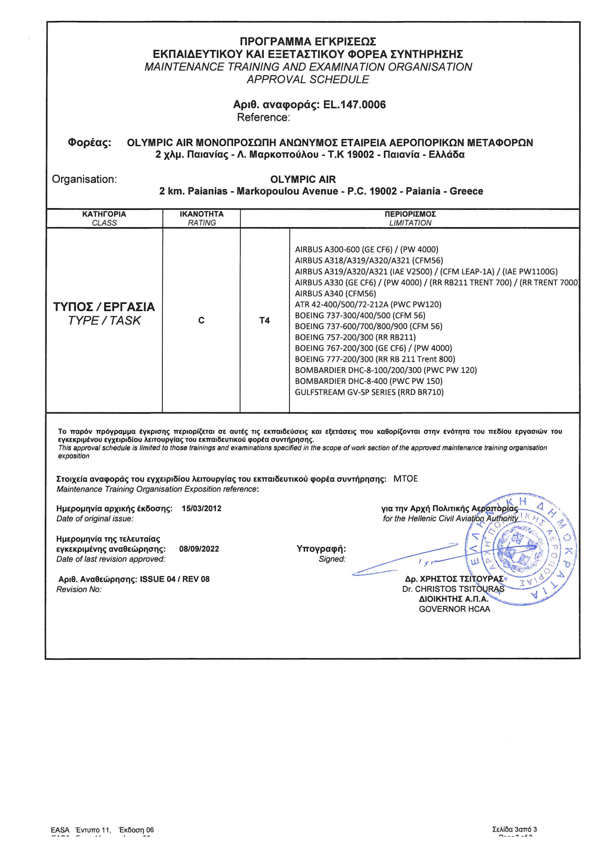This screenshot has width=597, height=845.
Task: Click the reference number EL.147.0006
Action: (x=354, y=105)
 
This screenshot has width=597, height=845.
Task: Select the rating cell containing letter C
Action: (x=201, y=321)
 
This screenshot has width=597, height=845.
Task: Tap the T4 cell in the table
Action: (x=264, y=321)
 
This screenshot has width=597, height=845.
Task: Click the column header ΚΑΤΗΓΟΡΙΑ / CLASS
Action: (x=104, y=218)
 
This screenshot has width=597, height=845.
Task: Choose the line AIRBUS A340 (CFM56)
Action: (x=335, y=293)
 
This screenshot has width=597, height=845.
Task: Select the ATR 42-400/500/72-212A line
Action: (x=368, y=304)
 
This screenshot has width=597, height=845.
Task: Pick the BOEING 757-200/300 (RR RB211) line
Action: (x=355, y=337)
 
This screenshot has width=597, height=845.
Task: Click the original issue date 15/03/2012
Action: (x=201, y=509)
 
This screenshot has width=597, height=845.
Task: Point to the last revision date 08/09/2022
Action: (x=199, y=549)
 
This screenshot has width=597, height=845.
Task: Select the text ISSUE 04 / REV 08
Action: (x=175, y=579)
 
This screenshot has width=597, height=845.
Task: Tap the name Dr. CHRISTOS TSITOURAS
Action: (x=453, y=589)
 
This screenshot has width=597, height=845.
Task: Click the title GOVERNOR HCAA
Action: (x=454, y=609)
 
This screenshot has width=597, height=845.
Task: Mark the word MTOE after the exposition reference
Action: (x=405, y=479)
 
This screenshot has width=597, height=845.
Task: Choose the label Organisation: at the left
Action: (x=84, y=179)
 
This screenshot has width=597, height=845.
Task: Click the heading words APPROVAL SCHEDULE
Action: (x=308, y=80)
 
